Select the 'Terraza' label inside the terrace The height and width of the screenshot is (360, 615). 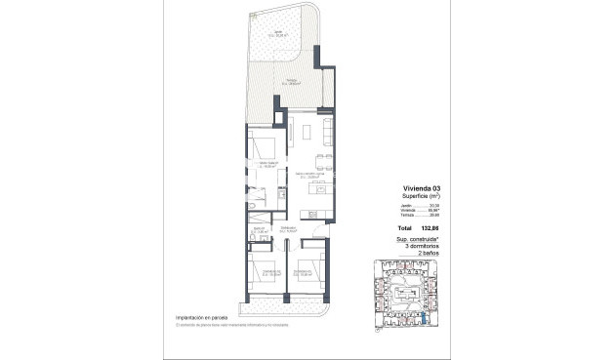pos(291,82)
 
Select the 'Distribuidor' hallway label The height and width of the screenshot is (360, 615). pos(287,228)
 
